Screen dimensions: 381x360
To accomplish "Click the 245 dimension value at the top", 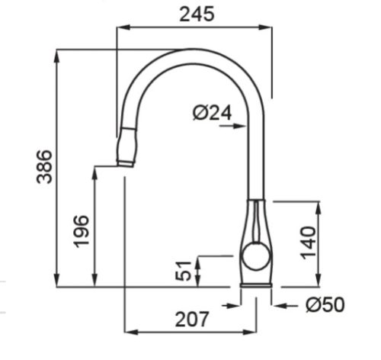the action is [x=197, y=14].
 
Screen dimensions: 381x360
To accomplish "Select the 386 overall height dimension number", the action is [x=44, y=167].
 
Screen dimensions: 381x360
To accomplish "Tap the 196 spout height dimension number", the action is [x=82, y=231].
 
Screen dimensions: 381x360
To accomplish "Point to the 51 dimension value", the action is [x=184, y=271].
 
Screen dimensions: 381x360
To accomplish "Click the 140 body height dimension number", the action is [x=308, y=243].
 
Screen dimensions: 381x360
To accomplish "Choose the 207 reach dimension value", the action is [x=192, y=320].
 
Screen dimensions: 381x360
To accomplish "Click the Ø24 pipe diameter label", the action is [x=213, y=113].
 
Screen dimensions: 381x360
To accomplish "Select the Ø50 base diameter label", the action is [x=325, y=304].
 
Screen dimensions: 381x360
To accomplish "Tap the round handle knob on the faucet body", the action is [x=256, y=256].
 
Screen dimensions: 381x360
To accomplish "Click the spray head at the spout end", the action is [x=126, y=146].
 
